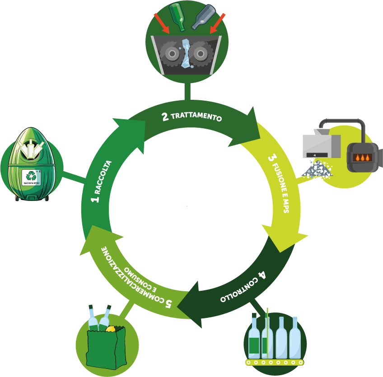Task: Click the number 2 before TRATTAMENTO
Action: (x=165, y=117)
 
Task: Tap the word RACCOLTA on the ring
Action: (x=103, y=177)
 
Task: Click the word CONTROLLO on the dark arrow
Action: (x=238, y=290)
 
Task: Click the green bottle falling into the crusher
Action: (x=177, y=17)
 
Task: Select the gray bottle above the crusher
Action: (x=204, y=17)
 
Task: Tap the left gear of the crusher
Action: (x=172, y=53)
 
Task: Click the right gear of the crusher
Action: (x=200, y=53)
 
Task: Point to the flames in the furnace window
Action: (x=363, y=158)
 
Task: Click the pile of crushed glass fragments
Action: (x=317, y=169)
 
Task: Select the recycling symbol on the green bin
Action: (x=31, y=176)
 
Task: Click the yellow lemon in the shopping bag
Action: (x=110, y=329)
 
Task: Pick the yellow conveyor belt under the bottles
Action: (x=274, y=363)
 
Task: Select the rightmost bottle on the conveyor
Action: (x=295, y=338)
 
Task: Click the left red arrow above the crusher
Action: (x=161, y=23)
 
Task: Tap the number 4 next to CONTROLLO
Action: (x=262, y=275)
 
